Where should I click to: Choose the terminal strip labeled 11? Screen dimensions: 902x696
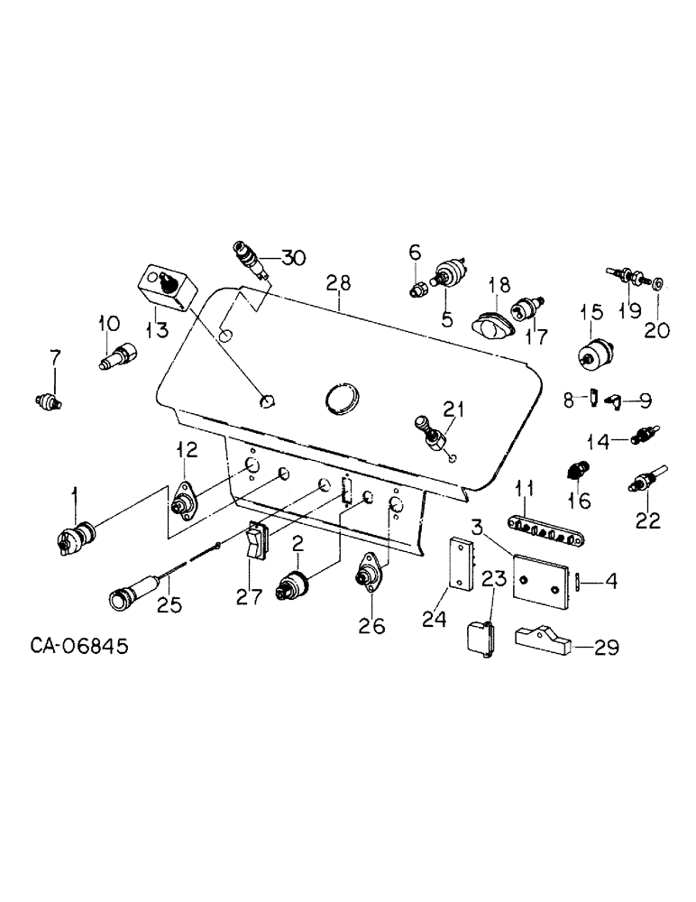pos(539,527)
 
